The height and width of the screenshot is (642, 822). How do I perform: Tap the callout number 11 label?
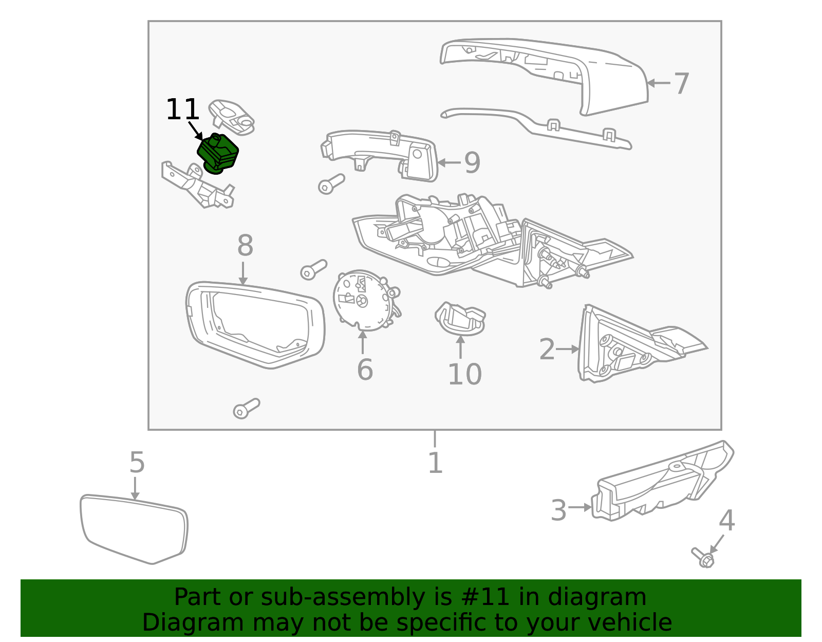click(x=182, y=110)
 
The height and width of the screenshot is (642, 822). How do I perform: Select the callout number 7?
click(x=681, y=83)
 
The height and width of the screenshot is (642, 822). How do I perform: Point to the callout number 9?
click(x=472, y=163)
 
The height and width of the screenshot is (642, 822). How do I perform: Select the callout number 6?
click(x=365, y=370)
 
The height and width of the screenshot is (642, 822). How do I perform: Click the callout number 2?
click(x=547, y=350)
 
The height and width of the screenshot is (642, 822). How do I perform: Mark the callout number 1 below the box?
click(x=435, y=463)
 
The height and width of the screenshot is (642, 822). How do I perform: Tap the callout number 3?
click(x=558, y=510)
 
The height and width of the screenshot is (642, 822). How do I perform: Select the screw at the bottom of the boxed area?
click(x=246, y=409)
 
